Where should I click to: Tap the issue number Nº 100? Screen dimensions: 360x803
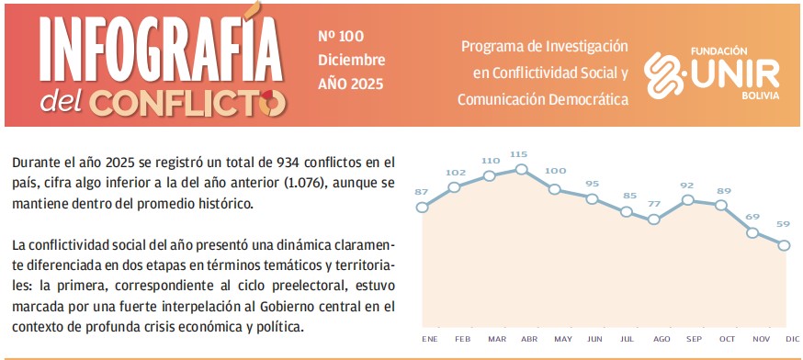coord(341,37)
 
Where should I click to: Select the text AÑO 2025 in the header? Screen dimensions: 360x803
coord(349,84)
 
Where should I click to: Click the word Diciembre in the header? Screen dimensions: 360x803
coord(351,60)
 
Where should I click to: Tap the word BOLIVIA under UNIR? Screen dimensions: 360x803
coord(760,95)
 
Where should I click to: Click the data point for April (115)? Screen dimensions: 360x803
coord(522,169)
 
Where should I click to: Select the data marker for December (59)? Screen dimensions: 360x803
coord(785,244)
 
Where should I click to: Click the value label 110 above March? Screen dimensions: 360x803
coord(490,160)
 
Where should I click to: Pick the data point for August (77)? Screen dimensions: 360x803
coord(654,219)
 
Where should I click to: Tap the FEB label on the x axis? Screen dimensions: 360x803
coord(462,339)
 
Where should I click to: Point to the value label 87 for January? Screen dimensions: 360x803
coord(422,191)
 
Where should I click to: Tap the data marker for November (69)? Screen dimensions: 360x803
coord(752,232)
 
